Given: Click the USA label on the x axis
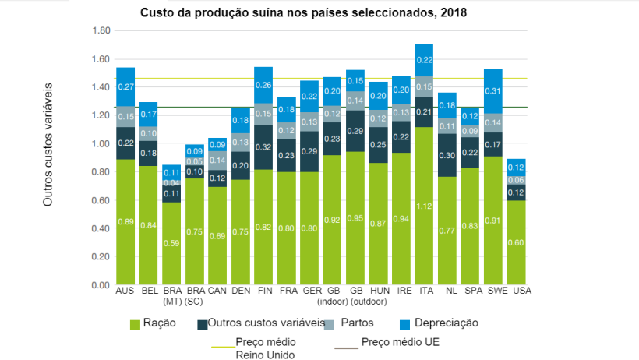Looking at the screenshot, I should click(x=516, y=291).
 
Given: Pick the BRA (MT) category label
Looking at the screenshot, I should click(x=172, y=295).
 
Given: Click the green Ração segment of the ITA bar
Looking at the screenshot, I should click(x=424, y=206).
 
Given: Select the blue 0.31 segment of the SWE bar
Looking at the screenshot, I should click(x=493, y=91).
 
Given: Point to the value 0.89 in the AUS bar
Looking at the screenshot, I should click(x=125, y=222).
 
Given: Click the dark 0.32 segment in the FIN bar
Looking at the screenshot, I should click(x=263, y=146).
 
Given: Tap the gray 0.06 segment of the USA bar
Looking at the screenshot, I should click(x=516, y=180).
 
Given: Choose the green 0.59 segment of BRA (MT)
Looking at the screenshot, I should click(x=171, y=243).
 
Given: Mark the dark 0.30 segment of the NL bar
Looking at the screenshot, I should click(x=447, y=155).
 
